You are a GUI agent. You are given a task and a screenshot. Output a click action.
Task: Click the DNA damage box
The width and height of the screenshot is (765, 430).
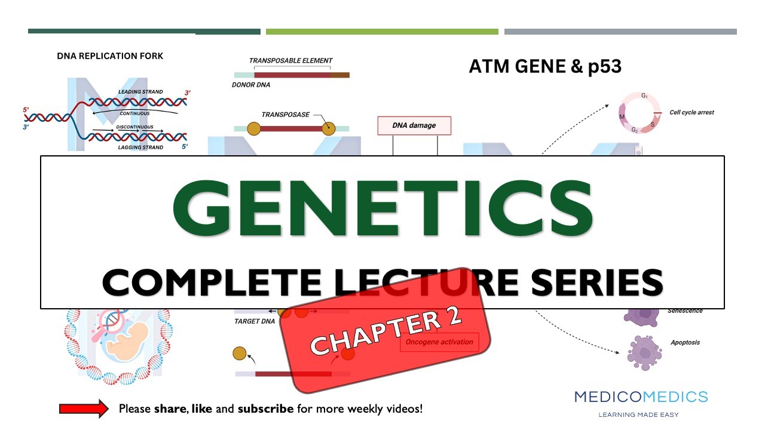point(414,125)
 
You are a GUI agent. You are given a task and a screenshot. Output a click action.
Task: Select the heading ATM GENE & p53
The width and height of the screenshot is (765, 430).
point(545,66)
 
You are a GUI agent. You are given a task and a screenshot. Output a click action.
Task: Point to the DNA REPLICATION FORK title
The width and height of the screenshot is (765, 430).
point(110,56)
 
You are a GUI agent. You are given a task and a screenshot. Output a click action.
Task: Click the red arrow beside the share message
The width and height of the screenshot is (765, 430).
point(84,409)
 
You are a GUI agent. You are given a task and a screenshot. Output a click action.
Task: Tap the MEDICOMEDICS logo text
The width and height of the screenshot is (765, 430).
point(641,397)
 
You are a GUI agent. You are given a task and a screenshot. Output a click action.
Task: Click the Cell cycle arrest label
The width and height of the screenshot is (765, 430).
point(691,112)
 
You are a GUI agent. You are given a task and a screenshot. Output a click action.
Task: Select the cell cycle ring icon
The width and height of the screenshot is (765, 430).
point(639,112)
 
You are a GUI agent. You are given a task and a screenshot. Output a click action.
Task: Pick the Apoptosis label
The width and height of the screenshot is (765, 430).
point(685,343)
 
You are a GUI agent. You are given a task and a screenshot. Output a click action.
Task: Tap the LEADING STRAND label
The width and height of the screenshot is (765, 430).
point(140,92)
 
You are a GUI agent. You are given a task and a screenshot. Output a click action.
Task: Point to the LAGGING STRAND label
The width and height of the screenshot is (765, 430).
point(140,148)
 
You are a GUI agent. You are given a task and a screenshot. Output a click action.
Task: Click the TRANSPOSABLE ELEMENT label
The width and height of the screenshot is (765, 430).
point(290,61)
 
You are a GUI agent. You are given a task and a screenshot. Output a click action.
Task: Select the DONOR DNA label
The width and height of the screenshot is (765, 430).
point(251,85)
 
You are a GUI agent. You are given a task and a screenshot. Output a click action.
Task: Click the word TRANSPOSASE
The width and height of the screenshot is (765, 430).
point(285,115)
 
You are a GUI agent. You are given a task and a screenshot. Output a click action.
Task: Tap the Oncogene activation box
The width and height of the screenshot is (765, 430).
point(439,342)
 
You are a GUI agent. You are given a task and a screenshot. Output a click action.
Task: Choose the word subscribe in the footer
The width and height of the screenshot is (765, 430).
point(265,409)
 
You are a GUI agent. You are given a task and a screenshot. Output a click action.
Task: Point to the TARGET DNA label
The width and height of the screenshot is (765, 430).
point(255,321)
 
